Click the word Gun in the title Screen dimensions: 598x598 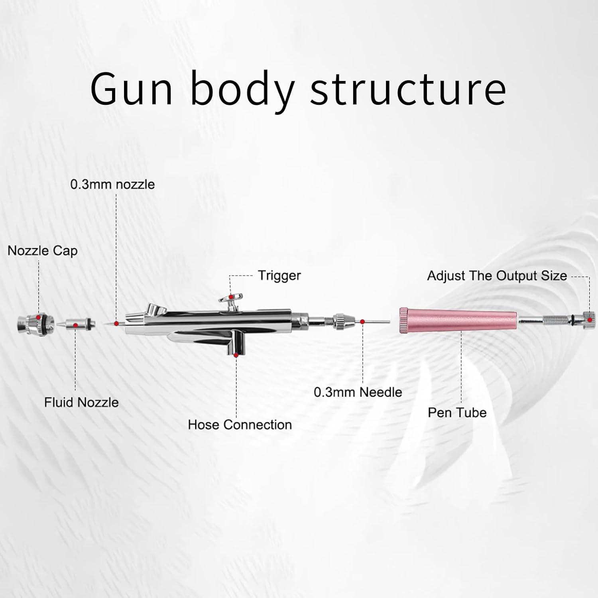pos(132,89)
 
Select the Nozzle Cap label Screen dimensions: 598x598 pos(42,251)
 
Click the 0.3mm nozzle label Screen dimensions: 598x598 pos(112,184)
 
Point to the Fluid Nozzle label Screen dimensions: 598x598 pos(81,402)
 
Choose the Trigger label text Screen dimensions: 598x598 pos(279,275)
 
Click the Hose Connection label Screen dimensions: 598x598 pos(240,425)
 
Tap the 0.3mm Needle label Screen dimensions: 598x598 pos(358,392)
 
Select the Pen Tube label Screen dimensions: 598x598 pos(457,412)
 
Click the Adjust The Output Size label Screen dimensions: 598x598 pos(497,276)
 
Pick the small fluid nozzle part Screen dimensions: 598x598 pos(78,324)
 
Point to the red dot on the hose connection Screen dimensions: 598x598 pos(236,354)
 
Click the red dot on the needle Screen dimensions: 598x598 pos(362,321)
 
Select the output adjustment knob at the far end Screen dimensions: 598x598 pos(589,319)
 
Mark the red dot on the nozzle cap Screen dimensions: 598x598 pos(38,317)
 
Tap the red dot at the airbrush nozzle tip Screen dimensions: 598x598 pos(116,323)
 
